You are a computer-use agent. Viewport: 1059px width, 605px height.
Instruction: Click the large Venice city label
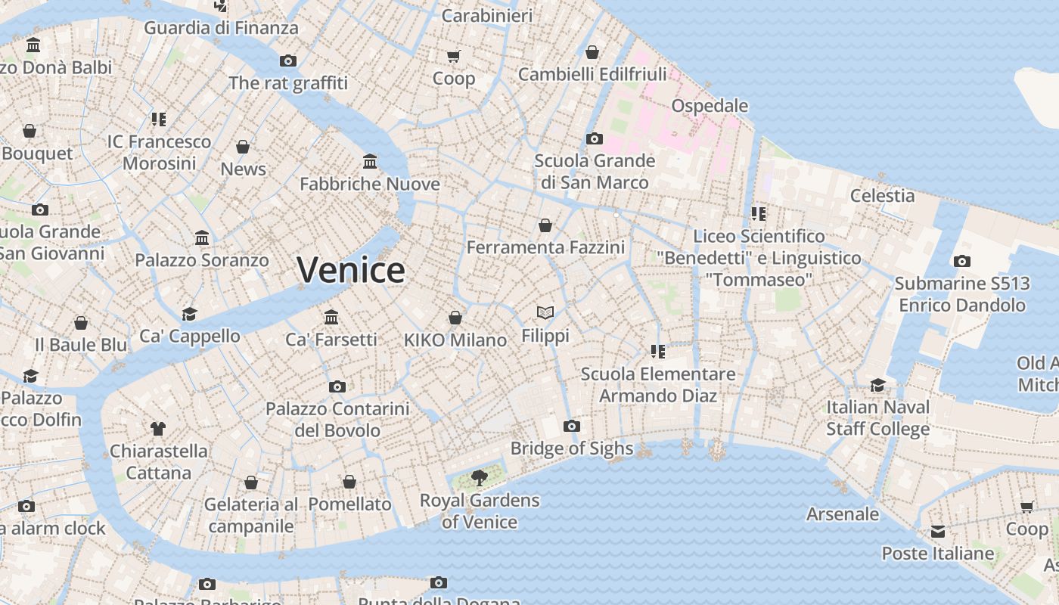pyautogui.click(x=350, y=270)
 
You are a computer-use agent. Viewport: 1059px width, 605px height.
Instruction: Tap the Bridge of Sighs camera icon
pyautogui.click(x=572, y=427)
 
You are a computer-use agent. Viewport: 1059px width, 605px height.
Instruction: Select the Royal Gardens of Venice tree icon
pyautogui.click(x=479, y=476)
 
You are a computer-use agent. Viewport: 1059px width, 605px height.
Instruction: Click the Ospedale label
pyautogui.click(x=710, y=106)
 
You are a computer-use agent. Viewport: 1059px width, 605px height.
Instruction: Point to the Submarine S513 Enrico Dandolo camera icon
pyautogui.click(x=961, y=262)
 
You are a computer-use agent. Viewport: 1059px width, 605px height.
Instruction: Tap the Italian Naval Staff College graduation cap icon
pyautogui.click(x=877, y=385)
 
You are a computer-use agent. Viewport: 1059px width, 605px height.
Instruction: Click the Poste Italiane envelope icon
pyautogui.click(x=938, y=532)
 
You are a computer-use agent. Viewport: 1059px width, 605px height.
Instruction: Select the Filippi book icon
pyautogui.click(x=545, y=312)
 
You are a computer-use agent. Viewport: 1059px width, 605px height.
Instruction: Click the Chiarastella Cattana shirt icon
pyautogui.click(x=157, y=429)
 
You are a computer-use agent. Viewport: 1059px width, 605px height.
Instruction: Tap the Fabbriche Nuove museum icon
pyautogui.click(x=370, y=162)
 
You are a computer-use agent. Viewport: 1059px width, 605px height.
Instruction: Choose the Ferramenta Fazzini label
pyautogui.click(x=545, y=247)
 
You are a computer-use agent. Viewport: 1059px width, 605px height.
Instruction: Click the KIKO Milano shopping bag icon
pyautogui.click(x=455, y=318)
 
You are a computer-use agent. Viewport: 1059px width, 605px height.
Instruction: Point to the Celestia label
pyautogui.click(x=882, y=196)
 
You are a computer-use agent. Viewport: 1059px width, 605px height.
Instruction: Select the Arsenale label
pyautogui.click(x=843, y=514)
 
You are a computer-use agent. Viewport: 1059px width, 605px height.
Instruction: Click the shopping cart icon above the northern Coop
pyautogui.click(x=454, y=57)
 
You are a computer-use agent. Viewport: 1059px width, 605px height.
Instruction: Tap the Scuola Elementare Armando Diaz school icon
pyautogui.click(x=658, y=352)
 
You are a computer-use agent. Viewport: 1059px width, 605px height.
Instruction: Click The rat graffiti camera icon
pyautogui.click(x=287, y=61)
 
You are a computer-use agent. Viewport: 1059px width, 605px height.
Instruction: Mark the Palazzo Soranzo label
pyautogui.click(x=202, y=260)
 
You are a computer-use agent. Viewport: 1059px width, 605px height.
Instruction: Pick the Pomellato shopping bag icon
pyautogui.click(x=349, y=482)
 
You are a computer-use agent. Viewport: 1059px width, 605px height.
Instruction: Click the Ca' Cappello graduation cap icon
pyautogui.click(x=189, y=314)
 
